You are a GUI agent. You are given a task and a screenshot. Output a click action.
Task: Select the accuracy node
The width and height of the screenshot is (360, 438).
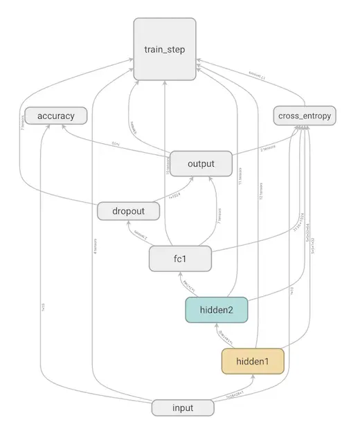(x=55, y=115)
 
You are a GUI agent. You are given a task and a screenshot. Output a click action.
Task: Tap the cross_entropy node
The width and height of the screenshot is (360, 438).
(x=305, y=116)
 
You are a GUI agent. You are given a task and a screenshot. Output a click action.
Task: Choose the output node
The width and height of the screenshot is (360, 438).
(x=201, y=164)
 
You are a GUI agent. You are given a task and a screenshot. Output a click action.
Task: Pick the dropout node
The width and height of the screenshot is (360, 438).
(x=127, y=210)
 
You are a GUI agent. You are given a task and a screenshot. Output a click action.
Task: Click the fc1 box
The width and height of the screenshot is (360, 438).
(x=180, y=259)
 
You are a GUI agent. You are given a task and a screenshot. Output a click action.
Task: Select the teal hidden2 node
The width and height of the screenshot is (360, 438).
(x=216, y=309)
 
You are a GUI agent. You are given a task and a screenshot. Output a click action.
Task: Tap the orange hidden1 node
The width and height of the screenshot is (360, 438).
(x=253, y=361)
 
